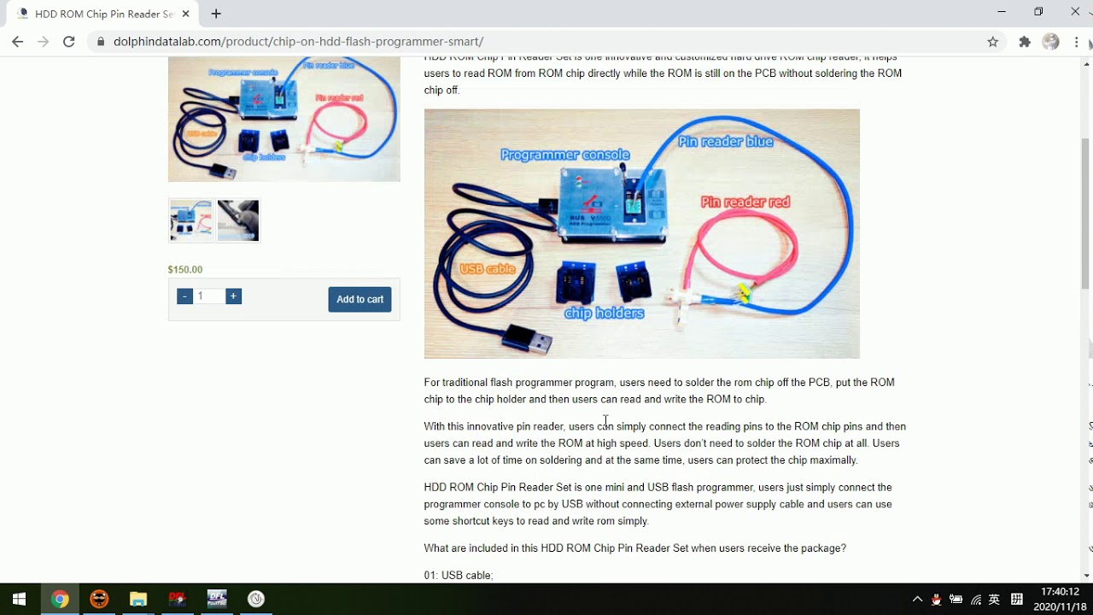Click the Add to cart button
pos(359,299)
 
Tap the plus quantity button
pos(233,296)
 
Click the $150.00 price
pos(185,270)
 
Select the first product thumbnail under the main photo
pos(190,220)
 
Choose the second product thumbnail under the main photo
pos(238,220)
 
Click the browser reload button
pos(69,41)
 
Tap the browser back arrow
pos(18,41)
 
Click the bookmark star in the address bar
pos(992,41)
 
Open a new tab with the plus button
pos(216,14)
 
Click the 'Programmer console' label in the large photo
pos(564,155)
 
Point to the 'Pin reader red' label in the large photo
pos(745,202)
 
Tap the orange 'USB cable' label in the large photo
pos(488,269)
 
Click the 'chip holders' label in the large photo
pos(604,313)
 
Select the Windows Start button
pos(19,599)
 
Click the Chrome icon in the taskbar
pos(59,599)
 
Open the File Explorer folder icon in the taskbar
pos(138,599)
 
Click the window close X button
pos(1075,12)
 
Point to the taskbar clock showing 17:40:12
pos(1060,591)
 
